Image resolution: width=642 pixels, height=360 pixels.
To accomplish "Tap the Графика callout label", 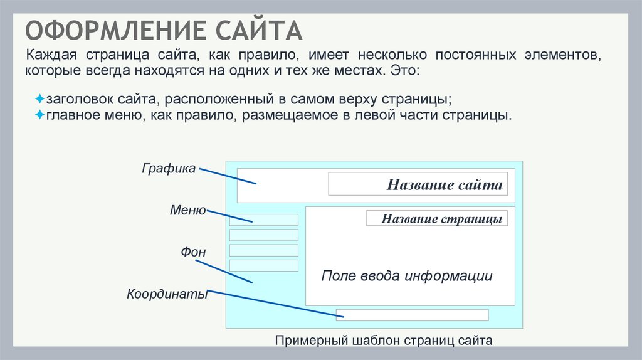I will [169, 168].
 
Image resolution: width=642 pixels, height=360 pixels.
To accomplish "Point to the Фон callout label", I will [194, 252].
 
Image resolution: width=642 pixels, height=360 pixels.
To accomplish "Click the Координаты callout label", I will [167, 294].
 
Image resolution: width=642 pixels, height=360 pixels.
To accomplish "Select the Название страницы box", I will [437, 219].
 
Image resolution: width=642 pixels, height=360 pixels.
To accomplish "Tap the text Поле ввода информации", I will [407, 276].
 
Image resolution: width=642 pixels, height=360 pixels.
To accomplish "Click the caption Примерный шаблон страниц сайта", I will [384, 341].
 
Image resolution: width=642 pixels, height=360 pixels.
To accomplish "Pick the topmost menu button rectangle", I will [263, 220].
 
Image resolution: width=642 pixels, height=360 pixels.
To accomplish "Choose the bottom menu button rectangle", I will [263, 265].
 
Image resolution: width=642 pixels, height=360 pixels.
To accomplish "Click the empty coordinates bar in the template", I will [412, 315].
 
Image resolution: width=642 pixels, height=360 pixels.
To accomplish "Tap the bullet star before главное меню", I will [39, 115].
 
